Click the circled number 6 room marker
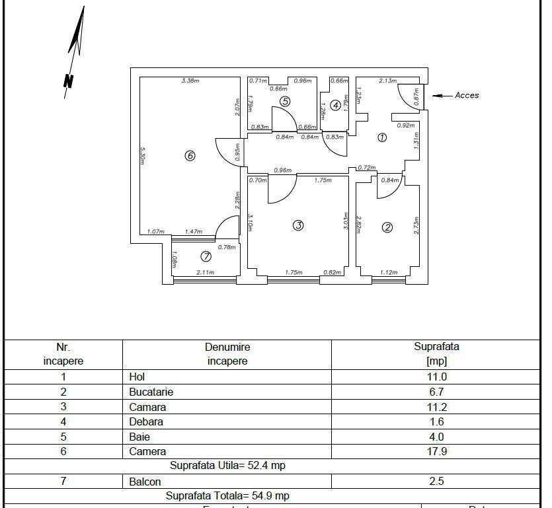pyautogui.click(x=190, y=156)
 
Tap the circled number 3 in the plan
pyautogui.click(x=298, y=225)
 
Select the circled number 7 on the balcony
pyautogui.click(x=206, y=257)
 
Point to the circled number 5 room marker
pyautogui.click(x=285, y=101)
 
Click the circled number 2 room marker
pyautogui.click(x=387, y=227)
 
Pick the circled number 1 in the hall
pyautogui.click(x=381, y=137)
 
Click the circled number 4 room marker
pyautogui.click(x=335, y=105)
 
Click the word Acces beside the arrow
pyautogui.click(x=467, y=95)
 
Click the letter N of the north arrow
pyautogui.click(x=67, y=81)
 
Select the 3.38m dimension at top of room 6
pyautogui.click(x=190, y=81)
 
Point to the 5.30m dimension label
pyautogui.click(x=143, y=156)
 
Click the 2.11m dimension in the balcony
pyautogui.click(x=206, y=272)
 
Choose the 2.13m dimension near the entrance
pyautogui.click(x=387, y=81)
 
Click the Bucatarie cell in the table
pyautogui.click(x=151, y=392)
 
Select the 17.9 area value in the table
pyautogui.click(x=436, y=452)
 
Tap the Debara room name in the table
pyautogui.click(x=146, y=421)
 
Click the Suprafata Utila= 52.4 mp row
pyautogui.click(x=227, y=466)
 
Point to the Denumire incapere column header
pyautogui.click(x=227, y=353)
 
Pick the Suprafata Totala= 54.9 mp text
pyautogui.click(x=227, y=495)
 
